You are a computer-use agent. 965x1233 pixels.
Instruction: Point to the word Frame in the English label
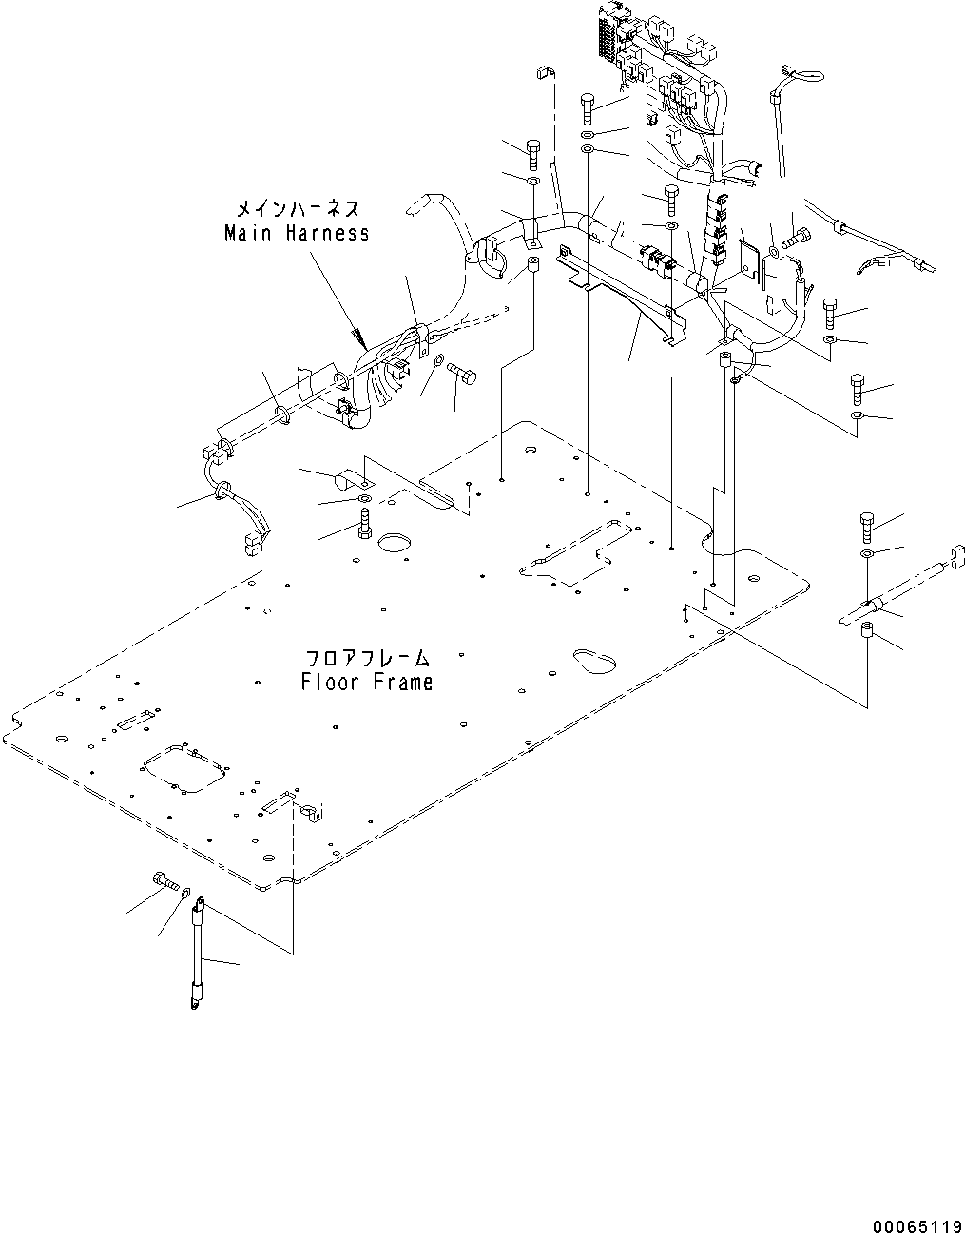[402, 682]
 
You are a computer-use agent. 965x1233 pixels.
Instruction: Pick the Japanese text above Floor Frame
[366, 658]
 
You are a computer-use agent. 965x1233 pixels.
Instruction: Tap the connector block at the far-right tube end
[954, 556]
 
